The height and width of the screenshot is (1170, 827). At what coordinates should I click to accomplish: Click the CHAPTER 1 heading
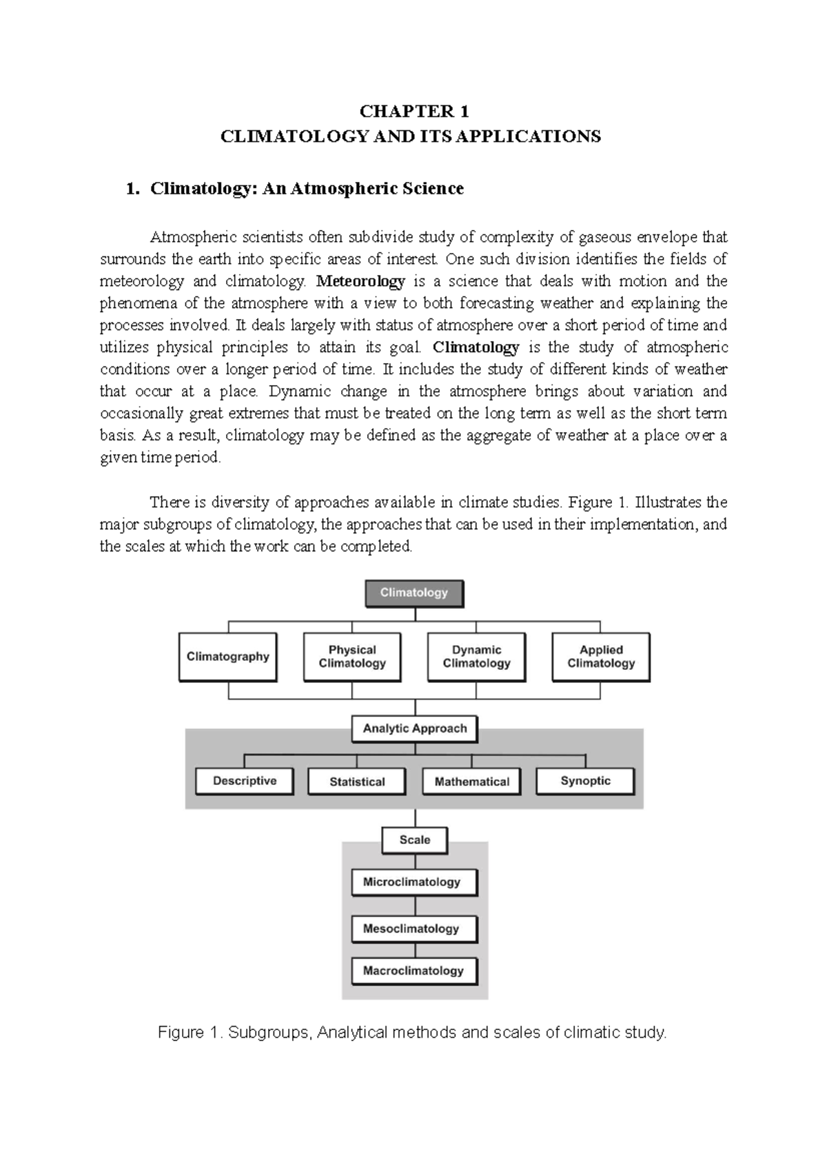[x=414, y=112]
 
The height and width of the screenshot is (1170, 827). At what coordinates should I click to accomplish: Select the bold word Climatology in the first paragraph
[x=476, y=347]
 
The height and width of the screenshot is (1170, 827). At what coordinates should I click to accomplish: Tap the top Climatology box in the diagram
[x=413, y=593]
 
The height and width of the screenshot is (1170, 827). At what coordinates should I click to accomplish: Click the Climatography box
[x=227, y=657]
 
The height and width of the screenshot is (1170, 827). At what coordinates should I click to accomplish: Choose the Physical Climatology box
[x=352, y=657]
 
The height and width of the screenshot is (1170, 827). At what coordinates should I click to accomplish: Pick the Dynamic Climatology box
[x=476, y=657]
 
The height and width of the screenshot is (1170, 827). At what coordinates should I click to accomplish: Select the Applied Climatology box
[x=601, y=657]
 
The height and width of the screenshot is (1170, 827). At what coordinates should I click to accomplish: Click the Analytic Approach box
[x=414, y=728]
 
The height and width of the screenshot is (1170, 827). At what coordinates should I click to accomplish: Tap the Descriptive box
[x=245, y=781]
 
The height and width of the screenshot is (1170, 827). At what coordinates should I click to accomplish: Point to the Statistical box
[x=357, y=781]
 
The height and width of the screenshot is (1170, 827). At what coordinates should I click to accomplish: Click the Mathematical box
[x=471, y=781]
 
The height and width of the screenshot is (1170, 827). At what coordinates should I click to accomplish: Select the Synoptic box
[x=585, y=781]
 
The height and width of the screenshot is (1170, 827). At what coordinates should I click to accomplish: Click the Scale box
[x=414, y=840]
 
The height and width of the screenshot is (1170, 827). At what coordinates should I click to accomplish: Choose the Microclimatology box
[x=413, y=882]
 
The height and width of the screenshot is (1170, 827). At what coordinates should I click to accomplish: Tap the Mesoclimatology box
[x=413, y=928]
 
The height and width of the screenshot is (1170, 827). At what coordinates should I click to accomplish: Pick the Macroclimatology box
[x=413, y=970]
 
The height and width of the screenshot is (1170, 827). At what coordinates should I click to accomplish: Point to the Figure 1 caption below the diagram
[x=413, y=1032]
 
